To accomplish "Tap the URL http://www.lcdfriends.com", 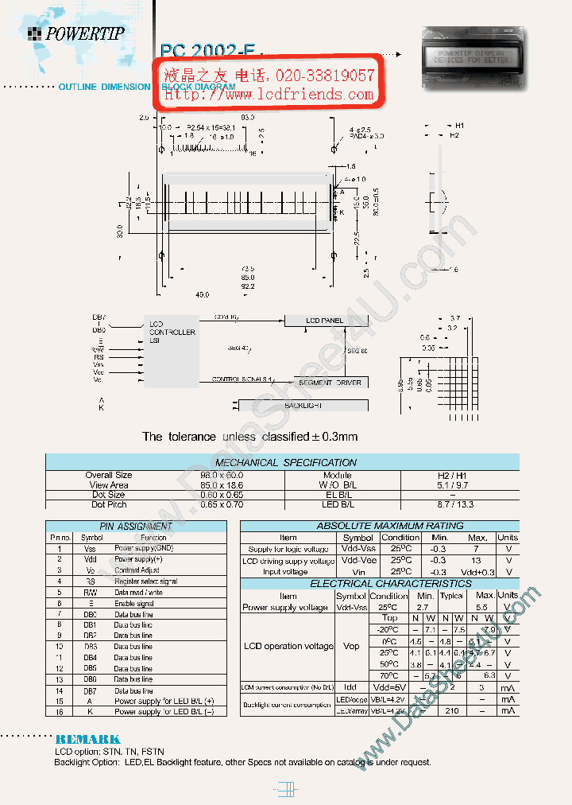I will (269, 95).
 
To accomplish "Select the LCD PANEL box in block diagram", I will (324, 321).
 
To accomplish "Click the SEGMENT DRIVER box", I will (330, 383).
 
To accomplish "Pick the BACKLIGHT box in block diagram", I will (302, 406).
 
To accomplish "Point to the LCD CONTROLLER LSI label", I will (172, 332).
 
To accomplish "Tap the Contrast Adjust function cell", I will (137, 570).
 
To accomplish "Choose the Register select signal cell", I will (146, 581).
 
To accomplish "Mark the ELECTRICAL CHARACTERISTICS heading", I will (379, 584).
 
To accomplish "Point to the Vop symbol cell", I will (350, 647).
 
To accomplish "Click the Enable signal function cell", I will (134, 604).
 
